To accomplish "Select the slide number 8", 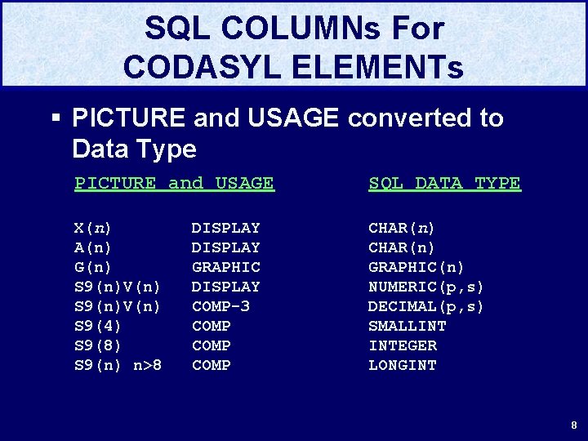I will click(574, 425).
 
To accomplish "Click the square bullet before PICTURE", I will click(56, 118).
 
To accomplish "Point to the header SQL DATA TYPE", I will click(444, 183).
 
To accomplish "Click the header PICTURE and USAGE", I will click(174, 183).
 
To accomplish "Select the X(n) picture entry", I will click(93, 228).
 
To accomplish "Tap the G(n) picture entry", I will click(93, 267).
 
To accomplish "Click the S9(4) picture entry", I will click(98, 326).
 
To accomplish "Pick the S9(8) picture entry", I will click(98, 345).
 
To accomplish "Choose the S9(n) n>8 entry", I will click(118, 365).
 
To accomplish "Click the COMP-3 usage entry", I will click(220, 306).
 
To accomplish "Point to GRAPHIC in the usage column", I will click(225, 267).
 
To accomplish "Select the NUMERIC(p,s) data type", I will click(426, 287).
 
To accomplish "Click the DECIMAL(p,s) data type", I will click(426, 306).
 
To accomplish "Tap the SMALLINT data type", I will click(407, 326).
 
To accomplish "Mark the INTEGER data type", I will click(402, 345).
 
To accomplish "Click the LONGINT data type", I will click(402, 365).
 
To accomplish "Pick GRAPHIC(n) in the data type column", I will click(416, 267).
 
